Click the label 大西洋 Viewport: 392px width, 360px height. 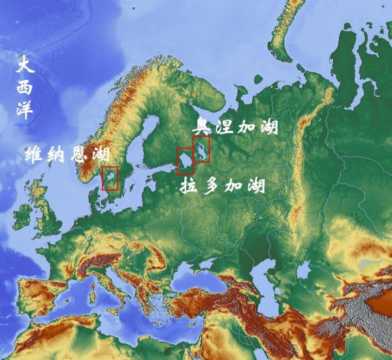[25, 88]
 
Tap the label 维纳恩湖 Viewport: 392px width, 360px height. [67, 155]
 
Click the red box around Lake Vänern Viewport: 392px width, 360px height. [110, 178]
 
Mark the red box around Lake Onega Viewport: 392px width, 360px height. [201, 150]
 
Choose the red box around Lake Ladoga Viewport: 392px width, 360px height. [185, 161]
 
